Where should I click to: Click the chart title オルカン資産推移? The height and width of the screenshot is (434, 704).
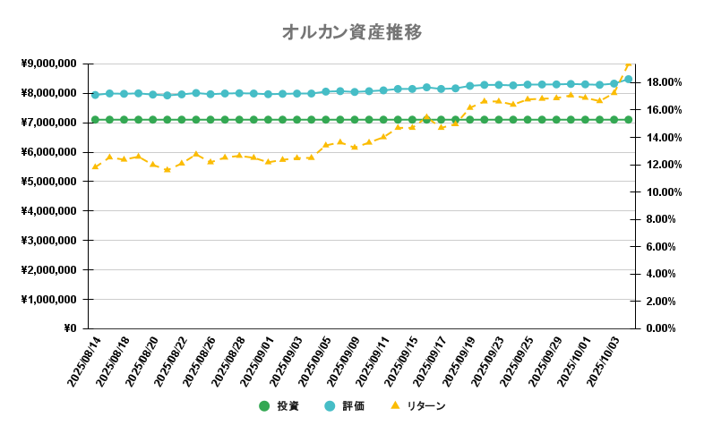[351, 32]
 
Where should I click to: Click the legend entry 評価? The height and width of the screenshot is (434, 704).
[353, 405]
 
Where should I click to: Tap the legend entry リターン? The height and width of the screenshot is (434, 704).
[425, 405]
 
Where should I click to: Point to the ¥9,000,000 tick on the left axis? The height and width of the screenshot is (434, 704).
[50, 64]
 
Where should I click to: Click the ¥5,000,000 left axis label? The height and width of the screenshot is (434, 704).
[50, 182]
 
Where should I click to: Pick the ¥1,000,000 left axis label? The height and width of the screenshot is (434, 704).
[50, 299]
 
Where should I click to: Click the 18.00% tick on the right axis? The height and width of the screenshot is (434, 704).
[664, 82]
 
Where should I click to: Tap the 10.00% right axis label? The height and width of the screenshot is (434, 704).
[664, 192]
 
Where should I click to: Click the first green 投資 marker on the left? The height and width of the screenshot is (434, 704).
[95, 119]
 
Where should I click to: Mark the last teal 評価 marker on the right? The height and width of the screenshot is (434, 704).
[628, 79]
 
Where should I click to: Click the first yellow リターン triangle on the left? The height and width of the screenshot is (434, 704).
[95, 166]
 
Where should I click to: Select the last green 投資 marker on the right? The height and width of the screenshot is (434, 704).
[628, 119]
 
